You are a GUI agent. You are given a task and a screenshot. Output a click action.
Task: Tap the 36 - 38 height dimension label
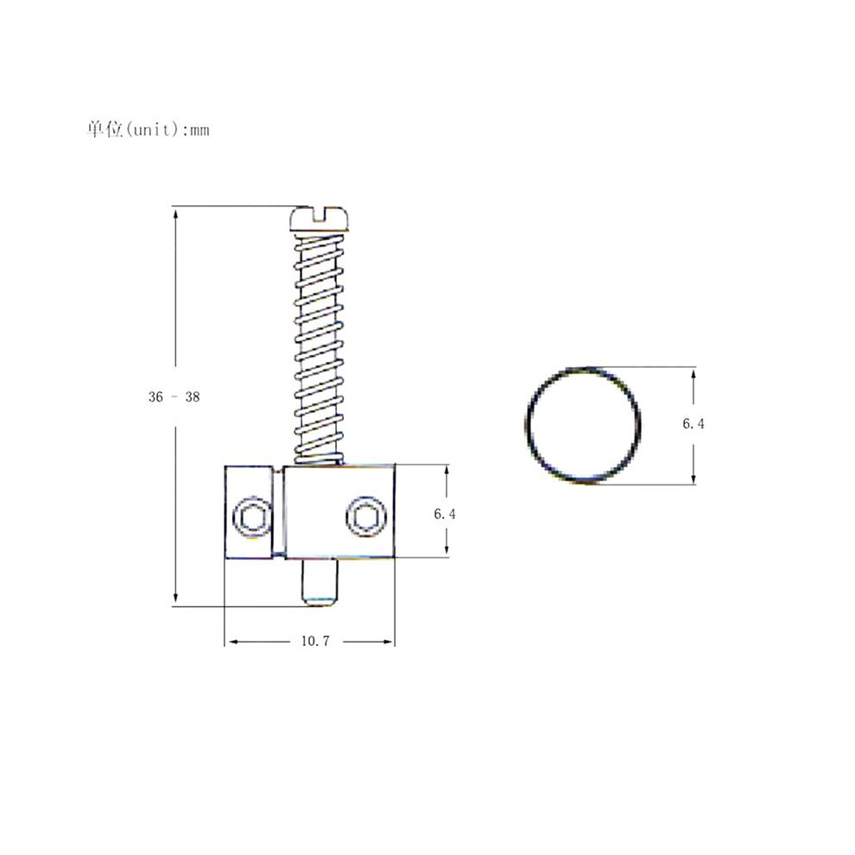click(174, 397)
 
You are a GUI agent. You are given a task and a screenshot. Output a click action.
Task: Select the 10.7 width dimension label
click(315, 641)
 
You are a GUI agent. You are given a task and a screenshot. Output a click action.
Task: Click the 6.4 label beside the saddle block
click(445, 514)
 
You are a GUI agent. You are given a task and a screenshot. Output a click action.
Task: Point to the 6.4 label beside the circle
click(693, 424)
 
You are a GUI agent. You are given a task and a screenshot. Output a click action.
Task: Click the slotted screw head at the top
click(319, 218)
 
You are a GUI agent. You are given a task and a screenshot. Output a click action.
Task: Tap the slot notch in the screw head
click(319, 214)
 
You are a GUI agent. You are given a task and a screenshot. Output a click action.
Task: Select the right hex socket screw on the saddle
click(366, 516)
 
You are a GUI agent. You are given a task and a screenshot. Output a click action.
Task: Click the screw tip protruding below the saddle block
click(320, 582)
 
